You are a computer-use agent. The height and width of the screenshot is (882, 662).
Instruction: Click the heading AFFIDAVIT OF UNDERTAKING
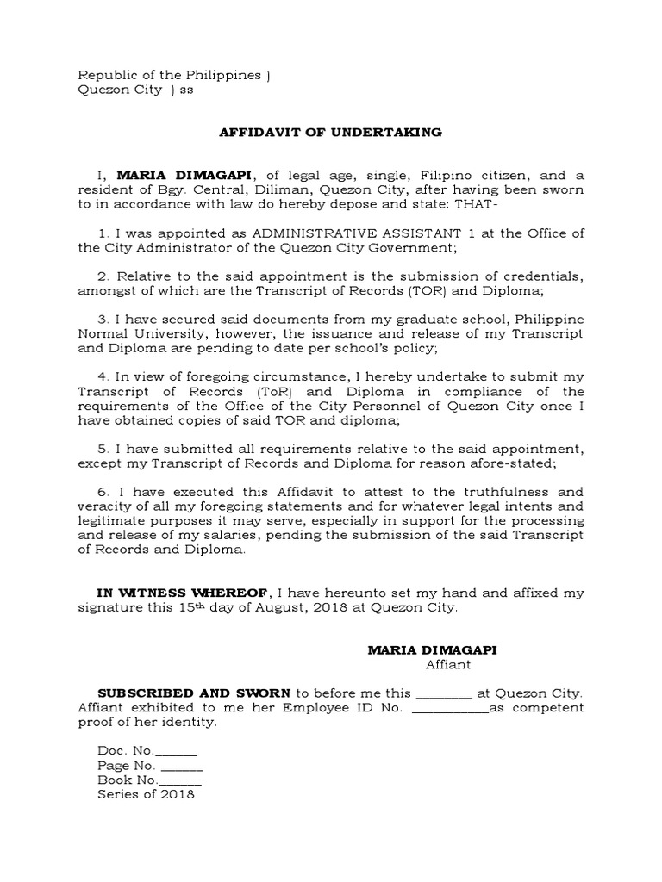[x=331, y=132]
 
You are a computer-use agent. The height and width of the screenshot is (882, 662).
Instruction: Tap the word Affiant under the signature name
[x=448, y=664]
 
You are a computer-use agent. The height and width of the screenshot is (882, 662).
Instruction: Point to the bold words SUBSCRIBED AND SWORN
[x=195, y=692]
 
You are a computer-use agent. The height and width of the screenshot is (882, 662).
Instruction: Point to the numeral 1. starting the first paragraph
[x=105, y=233]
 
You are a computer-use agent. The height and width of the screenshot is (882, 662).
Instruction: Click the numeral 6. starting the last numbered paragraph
[x=105, y=490]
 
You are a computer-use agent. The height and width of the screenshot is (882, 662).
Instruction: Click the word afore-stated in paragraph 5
[x=517, y=463]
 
